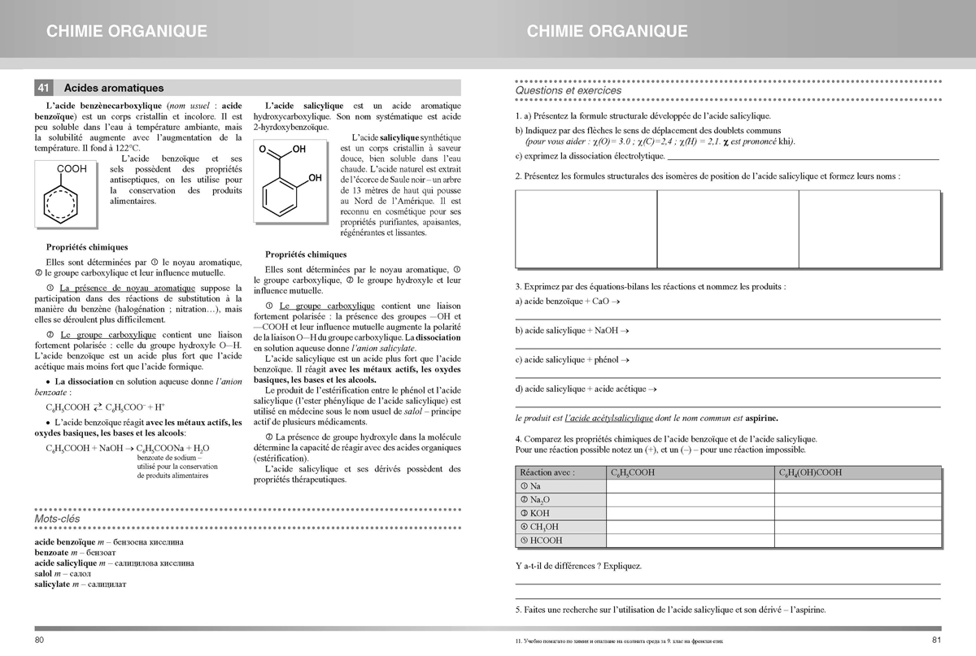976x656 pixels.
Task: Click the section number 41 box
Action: (x=45, y=88)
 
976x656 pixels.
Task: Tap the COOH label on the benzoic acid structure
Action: (x=72, y=168)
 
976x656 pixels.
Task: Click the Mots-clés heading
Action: (x=57, y=519)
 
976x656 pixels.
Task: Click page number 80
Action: (x=40, y=640)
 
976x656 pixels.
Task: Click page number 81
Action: (x=935, y=640)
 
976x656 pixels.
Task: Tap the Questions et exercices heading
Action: (x=569, y=91)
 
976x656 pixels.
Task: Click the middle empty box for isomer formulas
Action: (x=727, y=228)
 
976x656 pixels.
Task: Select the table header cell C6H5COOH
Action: (x=634, y=472)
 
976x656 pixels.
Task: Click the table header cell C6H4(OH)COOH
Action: (x=810, y=472)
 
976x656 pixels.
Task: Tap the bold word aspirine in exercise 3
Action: (x=761, y=419)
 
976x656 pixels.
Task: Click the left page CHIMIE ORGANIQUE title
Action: (x=127, y=32)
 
